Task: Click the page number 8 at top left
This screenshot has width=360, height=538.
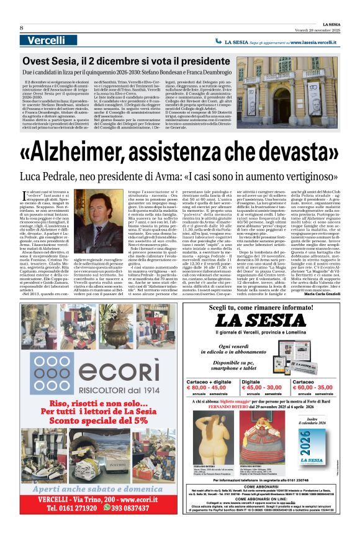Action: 22,28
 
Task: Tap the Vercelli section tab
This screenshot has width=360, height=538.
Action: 46,40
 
